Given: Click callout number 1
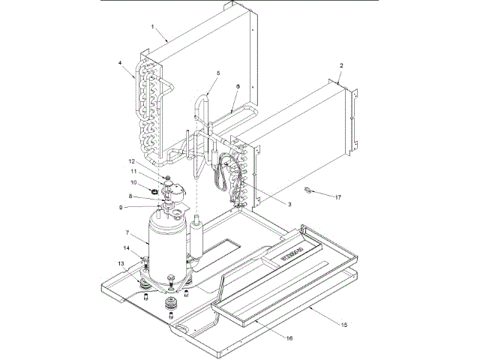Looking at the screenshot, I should [x=153, y=27].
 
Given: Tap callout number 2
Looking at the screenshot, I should [x=341, y=66].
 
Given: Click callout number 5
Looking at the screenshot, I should [x=217, y=73].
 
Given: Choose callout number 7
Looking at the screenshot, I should [x=128, y=233].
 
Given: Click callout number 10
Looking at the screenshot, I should [x=133, y=182].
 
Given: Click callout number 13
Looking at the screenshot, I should [x=120, y=262].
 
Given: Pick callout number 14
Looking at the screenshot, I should [x=126, y=247].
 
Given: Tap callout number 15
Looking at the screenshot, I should [x=344, y=325].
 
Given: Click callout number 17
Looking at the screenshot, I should [x=337, y=197].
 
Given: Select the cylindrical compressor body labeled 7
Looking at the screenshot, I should [x=166, y=244].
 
